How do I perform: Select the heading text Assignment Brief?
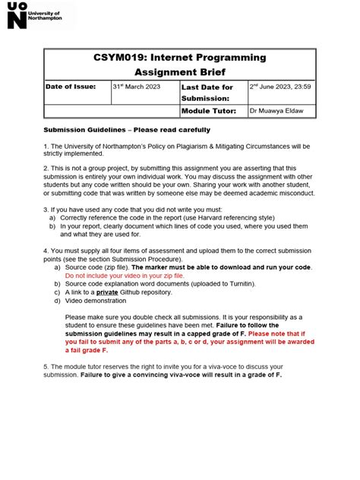(180, 73)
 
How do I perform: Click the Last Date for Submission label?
(207, 93)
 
